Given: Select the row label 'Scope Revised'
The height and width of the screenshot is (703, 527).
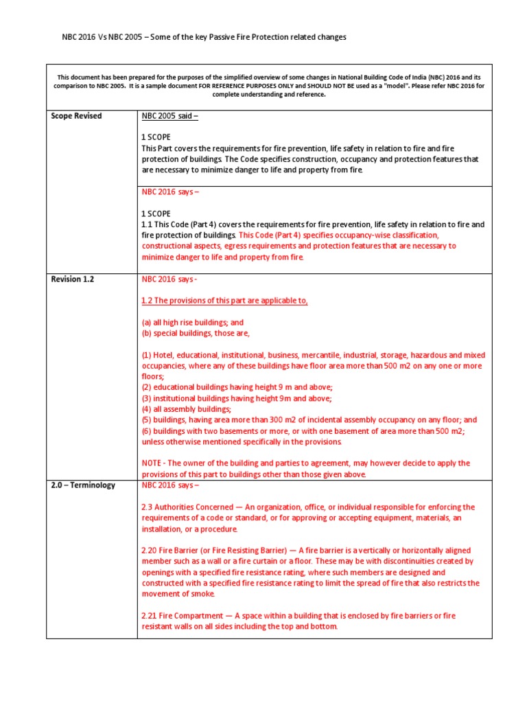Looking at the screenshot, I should [76, 116].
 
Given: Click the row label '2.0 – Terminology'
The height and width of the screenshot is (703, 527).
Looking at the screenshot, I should [83, 485].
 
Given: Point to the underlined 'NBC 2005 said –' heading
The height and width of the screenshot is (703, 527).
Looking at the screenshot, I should [169, 116].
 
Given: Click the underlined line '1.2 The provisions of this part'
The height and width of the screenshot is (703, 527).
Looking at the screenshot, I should [224, 301].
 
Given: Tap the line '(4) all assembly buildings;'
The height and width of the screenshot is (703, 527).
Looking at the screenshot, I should [186, 408].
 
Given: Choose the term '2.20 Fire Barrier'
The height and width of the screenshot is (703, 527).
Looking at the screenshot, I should [174, 551].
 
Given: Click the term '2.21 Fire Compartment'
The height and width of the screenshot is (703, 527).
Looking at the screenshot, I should [185, 616].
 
